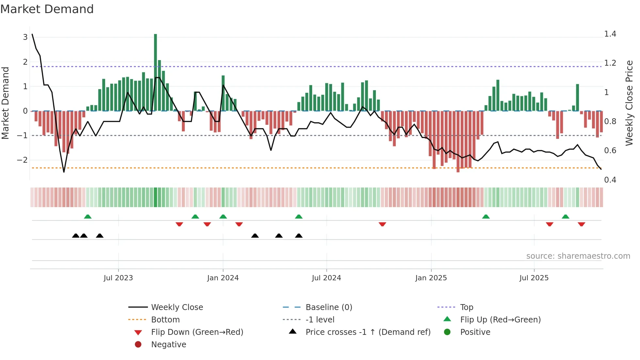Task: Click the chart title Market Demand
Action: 47,9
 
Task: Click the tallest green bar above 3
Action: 155,72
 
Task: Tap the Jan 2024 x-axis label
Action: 223,278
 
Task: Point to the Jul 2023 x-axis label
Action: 118,278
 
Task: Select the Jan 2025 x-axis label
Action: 431,278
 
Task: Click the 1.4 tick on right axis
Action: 610,34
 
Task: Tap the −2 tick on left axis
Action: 22,160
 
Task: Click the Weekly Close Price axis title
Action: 629,103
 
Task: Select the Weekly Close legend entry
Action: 177,307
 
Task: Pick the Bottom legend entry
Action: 165,320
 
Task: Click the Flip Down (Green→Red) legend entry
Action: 197,332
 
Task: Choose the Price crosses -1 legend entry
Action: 368,332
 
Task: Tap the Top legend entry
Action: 467,307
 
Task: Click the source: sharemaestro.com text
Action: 578,256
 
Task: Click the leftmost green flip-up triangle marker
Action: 88,217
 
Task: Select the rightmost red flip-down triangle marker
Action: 581,224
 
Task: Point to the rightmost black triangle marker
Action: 299,236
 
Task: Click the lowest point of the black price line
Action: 64,172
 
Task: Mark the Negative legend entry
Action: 168,345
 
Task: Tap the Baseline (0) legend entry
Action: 328,307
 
